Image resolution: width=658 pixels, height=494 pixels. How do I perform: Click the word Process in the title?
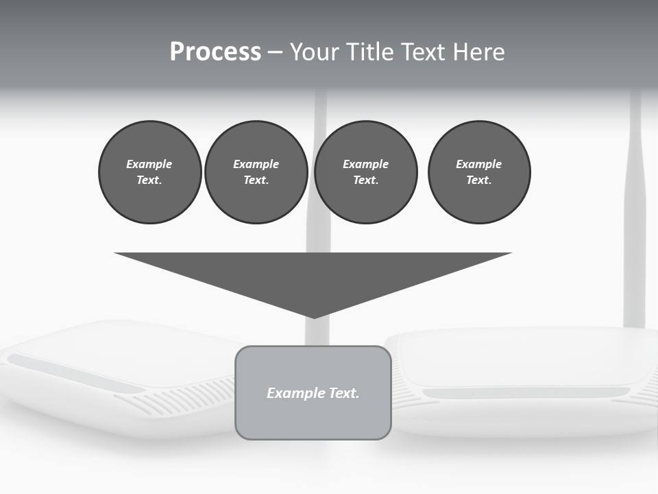(215, 52)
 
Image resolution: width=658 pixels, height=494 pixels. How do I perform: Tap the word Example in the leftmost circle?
(149, 164)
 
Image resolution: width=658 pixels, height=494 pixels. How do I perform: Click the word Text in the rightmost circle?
(478, 180)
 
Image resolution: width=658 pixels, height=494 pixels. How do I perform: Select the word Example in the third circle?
(365, 164)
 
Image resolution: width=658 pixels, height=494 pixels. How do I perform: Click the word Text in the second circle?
(255, 180)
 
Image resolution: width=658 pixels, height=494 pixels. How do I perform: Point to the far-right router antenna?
(635, 206)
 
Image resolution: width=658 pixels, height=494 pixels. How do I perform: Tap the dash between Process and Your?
(275, 52)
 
